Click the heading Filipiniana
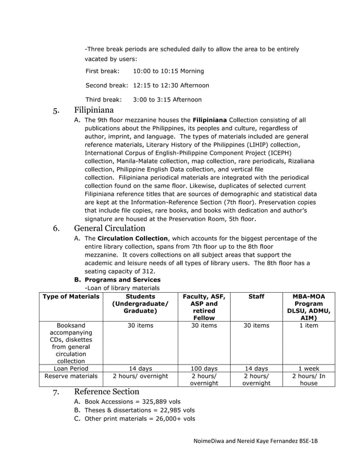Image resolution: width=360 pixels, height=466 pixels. [94, 110]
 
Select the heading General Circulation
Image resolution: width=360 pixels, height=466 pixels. [109, 228]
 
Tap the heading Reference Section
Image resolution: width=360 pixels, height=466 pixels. [107, 392]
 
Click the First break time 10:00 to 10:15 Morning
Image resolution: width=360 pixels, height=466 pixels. [168, 71]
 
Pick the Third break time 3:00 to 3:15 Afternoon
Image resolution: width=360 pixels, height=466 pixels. [167, 99]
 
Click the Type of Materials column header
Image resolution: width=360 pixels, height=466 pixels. [71, 296]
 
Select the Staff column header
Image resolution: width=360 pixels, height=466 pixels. [256, 296]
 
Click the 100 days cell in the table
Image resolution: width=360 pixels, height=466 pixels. [204, 368]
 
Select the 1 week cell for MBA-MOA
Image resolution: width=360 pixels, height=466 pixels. [308, 368]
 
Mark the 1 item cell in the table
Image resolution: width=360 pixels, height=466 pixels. [308, 326]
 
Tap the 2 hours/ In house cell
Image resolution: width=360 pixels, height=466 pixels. [308, 379]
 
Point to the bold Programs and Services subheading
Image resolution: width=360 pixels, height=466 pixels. [122, 280]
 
